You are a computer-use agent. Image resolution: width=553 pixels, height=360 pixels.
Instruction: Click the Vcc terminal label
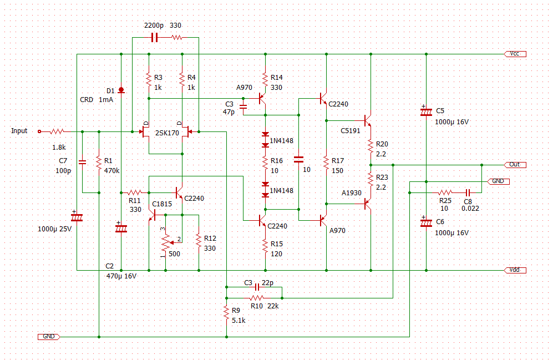515,54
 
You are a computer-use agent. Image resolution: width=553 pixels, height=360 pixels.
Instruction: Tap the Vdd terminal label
515,270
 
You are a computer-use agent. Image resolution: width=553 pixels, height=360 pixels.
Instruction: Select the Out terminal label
515,165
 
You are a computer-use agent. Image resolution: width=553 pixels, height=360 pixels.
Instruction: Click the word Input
19,131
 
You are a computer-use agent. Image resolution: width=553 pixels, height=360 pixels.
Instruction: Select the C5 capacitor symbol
426,111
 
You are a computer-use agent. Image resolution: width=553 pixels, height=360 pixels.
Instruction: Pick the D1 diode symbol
121,90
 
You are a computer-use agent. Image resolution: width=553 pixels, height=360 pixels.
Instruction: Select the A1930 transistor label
352,192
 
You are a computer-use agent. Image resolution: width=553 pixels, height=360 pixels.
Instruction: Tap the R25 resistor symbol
445,192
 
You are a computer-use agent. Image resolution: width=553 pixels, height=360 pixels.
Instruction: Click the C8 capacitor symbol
468,192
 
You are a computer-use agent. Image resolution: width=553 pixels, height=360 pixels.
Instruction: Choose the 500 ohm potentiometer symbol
165,241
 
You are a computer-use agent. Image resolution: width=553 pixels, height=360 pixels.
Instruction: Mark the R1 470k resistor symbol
99,162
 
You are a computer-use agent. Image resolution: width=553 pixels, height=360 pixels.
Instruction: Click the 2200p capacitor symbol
155,37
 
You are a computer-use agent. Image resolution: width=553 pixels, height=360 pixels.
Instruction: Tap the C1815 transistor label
162,204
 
